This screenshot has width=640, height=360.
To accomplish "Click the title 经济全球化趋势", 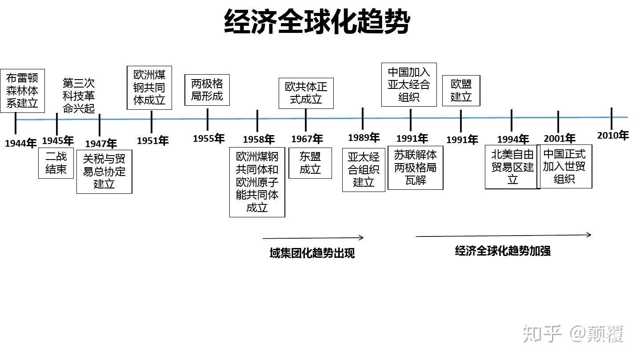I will pos(316,21).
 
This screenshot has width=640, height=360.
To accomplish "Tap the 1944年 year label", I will pos(20,144).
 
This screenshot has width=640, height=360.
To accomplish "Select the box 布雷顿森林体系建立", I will pos(22,91).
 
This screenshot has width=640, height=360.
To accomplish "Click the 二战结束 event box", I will pos(56,163).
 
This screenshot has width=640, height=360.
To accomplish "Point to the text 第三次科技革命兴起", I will pos(79,96).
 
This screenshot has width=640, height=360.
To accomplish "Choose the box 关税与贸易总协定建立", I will pos(104,172).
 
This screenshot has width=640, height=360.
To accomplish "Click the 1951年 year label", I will pos(152,141).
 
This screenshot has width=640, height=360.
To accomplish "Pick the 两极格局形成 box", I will pos(207,90).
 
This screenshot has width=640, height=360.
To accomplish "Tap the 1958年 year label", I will pos(258,140).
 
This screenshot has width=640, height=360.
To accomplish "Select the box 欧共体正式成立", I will pos(306,93).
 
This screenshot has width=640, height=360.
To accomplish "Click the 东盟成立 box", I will pos(310,163).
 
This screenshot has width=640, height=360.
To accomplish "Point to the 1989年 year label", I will pos(364,138).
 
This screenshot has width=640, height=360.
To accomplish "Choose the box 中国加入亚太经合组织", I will pos(409,84).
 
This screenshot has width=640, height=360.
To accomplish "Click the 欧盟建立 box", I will pos(461,91).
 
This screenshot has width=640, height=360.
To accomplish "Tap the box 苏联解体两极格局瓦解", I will pos(416,168).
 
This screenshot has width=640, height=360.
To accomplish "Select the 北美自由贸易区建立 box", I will pos(512,167).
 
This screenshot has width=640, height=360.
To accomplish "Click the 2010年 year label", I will pos(612,135).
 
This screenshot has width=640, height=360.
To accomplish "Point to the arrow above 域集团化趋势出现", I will pos(313,238).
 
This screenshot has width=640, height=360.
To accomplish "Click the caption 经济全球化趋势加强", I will pos(503,251).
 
